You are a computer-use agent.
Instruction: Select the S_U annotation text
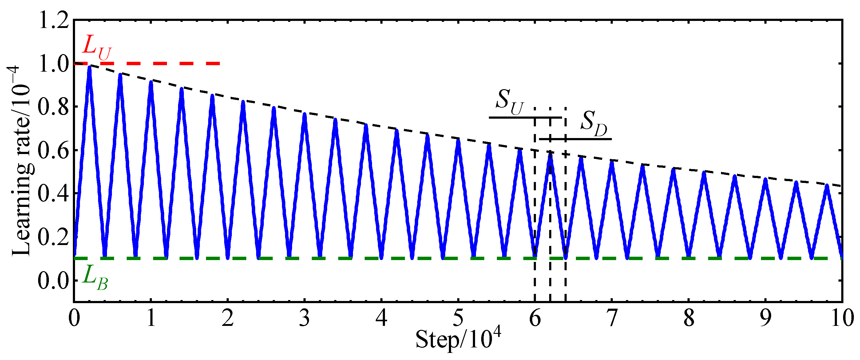tap(509, 101)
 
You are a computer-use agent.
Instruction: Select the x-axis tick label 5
tap(458, 318)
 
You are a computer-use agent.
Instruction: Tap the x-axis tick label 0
tap(74, 318)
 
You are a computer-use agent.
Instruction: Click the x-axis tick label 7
tap(612, 318)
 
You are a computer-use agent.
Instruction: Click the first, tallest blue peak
tap(89, 69)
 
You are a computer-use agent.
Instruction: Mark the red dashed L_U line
tap(147, 63)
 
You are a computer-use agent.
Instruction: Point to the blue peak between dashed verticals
tap(550, 154)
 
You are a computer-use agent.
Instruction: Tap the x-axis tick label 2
tap(228, 318)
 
